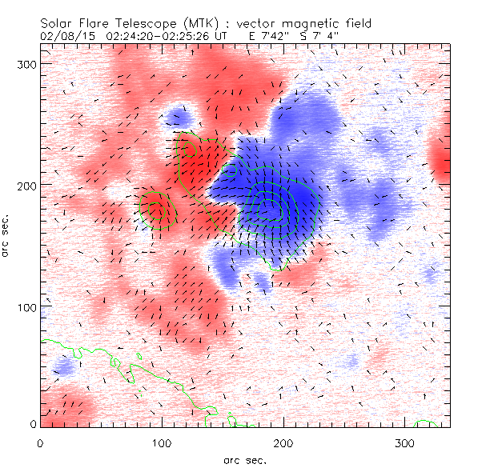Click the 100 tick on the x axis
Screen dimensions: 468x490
[x=162, y=442]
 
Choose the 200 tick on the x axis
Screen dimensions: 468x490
[x=283, y=442]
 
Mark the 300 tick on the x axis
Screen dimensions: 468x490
[x=405, y=442]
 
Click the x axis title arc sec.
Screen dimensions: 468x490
[x=245, y=460]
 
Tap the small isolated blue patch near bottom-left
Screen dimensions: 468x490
[x=62, y=369]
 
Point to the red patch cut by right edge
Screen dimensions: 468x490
[x=440, y=160]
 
